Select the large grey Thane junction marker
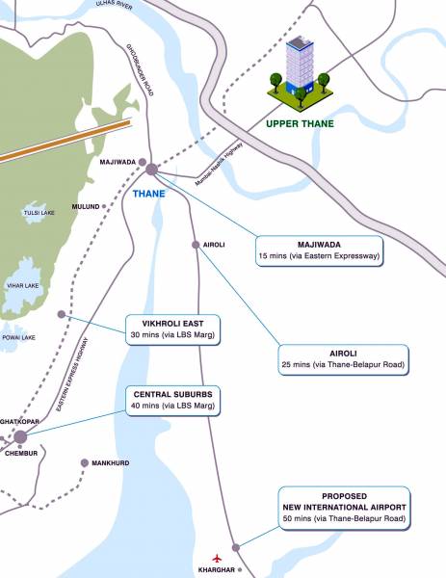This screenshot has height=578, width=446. (151, 170)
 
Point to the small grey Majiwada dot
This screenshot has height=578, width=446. (143, 162)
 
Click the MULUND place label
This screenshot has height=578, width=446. (86, 206)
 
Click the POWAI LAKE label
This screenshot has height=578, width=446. (17, 337)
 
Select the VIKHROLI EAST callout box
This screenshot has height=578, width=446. (174, 328)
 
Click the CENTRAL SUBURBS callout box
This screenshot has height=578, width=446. (174, 399)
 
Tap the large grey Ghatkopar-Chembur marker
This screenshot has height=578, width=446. (20, 437)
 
